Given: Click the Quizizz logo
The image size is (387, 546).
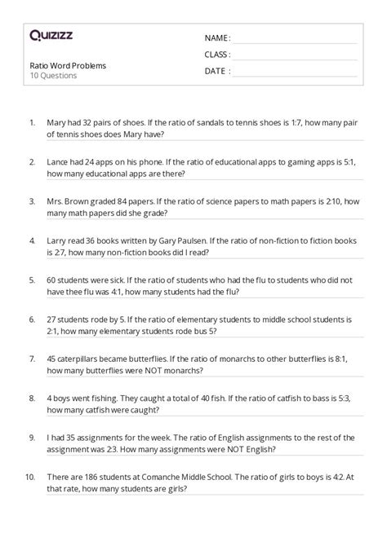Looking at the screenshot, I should (51, 34).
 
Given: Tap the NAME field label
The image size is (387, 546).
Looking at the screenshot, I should (216, 38).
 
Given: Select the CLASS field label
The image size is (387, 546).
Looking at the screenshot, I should (217, 55).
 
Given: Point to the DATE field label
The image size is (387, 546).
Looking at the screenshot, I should (216, 71).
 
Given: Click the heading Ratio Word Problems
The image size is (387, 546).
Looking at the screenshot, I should (68, 65).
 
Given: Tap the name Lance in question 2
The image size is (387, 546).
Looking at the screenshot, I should (60, 162).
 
